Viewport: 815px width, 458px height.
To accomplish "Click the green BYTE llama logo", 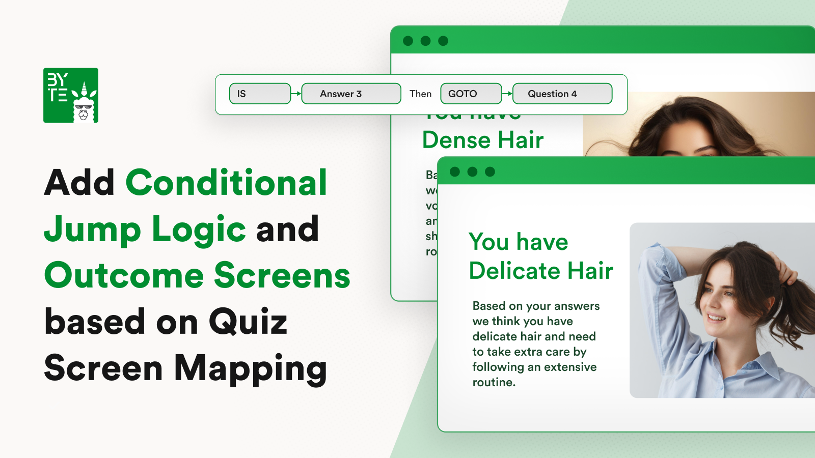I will pos(71,95).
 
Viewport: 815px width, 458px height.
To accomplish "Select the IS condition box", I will pos(260,94).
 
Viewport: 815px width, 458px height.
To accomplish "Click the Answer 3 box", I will pos(351,94).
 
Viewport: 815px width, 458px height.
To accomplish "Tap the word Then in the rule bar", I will pos(420,94).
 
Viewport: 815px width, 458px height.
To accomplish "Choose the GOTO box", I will pos(471,94).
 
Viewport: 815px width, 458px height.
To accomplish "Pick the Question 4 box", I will pos(562,94).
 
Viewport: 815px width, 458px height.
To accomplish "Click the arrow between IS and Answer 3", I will pos(296,94).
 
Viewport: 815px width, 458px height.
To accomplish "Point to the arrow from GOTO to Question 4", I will pos(507,94).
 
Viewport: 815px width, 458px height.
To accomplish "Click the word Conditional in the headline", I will pos(226,183).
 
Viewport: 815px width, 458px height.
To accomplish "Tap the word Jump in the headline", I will pos(92,230).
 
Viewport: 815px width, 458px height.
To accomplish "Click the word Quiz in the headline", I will pos(248,322).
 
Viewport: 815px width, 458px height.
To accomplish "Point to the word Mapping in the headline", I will pos(250,369).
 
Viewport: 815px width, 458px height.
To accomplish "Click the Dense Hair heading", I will pos(483,140).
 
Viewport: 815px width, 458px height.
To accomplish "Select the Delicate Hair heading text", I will pos(541,270).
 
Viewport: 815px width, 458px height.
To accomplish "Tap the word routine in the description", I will pos(493,382).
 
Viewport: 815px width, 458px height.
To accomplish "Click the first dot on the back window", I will pos(408,41).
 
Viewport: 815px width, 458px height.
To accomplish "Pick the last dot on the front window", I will pos(490,172).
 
